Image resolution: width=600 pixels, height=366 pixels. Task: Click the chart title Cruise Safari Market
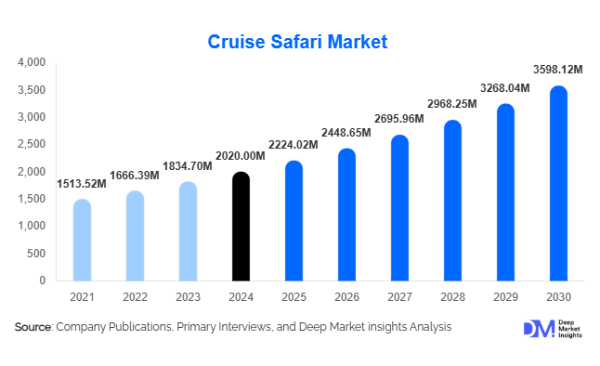tap(300, 42)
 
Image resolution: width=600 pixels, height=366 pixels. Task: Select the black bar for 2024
tap(241, 227)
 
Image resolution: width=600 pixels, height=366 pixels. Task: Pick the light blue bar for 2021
tap(82, 240)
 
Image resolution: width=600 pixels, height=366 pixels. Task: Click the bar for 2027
tap(399, 208)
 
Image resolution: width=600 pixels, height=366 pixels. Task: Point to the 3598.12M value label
tap(556, 69)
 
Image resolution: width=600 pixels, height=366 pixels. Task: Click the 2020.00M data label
tap(241, 155)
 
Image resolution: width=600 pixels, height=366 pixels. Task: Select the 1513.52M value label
tap(82, 183)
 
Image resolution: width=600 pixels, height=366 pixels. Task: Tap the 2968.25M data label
tap(452, 103)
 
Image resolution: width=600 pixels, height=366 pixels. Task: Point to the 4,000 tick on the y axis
tap(32, 63)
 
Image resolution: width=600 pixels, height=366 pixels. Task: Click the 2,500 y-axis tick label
tap(32, 145)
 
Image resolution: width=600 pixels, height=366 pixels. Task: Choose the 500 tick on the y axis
tap(36, 254)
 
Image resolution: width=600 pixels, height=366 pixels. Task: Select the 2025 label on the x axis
tap(293, 295)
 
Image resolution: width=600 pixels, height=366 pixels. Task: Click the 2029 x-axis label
tap(505, 295)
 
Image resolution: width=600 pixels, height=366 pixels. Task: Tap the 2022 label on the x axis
tap(135, 295)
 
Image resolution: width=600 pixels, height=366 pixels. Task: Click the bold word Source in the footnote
tap(33, 327)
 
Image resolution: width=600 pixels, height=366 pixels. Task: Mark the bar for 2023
tap(188, 231)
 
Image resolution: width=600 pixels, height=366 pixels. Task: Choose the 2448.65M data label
tap(346, 132)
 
